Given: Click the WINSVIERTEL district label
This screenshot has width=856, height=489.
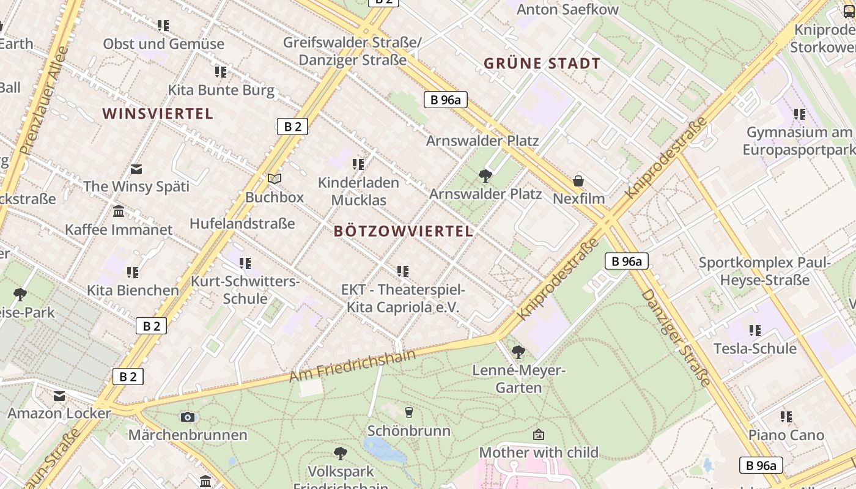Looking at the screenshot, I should tap(158, 114).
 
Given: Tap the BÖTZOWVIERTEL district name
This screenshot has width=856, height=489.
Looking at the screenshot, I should tap(404, 231).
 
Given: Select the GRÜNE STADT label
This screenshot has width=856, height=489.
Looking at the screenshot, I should tap(542, 64).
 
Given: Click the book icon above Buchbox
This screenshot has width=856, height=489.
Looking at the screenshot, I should tap(275, 178).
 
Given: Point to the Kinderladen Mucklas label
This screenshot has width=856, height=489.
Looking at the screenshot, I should tap(358, 191).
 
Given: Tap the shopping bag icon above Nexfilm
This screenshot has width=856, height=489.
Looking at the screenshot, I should tap(578, 181).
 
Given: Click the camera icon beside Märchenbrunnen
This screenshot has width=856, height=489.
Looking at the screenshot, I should tap(188, 417).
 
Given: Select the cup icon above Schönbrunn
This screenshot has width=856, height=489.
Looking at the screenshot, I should tap(409, 413).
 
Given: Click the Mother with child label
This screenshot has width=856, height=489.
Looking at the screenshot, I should tap(539, 453).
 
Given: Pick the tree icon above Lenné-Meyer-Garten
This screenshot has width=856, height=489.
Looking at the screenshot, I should tap(518, 351).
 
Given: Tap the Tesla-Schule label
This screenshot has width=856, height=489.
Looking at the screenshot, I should tap(755, 349).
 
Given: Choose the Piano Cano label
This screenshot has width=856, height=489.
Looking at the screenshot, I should tap(786, 436).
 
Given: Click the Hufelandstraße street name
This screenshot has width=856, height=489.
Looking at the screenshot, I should tap(242, 224).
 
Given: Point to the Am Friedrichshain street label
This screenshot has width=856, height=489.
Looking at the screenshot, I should tap(352, 366).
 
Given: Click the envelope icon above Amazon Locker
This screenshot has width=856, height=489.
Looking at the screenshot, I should tap(59, 396).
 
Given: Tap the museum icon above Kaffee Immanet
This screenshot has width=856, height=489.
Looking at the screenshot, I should tap(119, 211).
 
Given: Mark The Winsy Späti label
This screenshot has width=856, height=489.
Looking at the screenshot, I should tap(136, 186).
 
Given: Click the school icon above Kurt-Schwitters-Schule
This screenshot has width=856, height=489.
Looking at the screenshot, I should tap(245, 263).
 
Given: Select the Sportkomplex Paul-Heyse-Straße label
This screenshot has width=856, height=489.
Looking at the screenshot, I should tap(764, 271).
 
